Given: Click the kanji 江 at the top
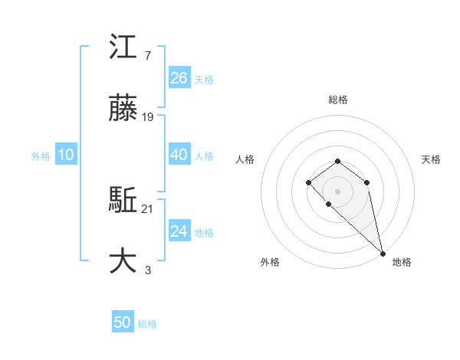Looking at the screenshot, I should tap(123, 51).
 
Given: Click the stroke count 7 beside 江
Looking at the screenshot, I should tap(147, 57).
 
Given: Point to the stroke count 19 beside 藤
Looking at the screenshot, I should tap(148, 117).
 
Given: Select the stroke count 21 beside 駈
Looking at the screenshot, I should tap(148, 208).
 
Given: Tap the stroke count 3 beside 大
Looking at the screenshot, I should tap(147, 269).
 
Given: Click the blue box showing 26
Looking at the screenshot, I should tap(179, 78).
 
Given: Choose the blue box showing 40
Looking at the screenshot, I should tap(179, 155).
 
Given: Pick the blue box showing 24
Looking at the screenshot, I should tap(179, 231).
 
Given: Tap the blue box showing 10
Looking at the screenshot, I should tap(66, 155).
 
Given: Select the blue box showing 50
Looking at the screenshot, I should tap(123, 322).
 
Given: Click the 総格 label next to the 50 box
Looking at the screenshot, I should tap(147, 324).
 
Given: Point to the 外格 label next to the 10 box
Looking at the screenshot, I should tap(41, 156).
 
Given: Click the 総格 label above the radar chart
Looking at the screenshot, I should tap(337, 100).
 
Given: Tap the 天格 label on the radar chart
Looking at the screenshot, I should tap(431, 159).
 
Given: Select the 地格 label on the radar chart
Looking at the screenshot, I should tap(402, 262).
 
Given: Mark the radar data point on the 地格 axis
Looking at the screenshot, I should tap(383, 253).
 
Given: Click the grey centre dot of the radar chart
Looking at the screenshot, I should tap(337, 191).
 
